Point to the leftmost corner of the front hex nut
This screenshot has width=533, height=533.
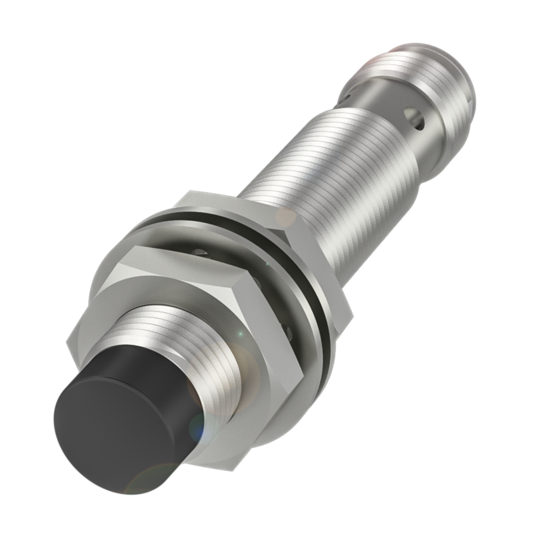click(67, 344)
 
